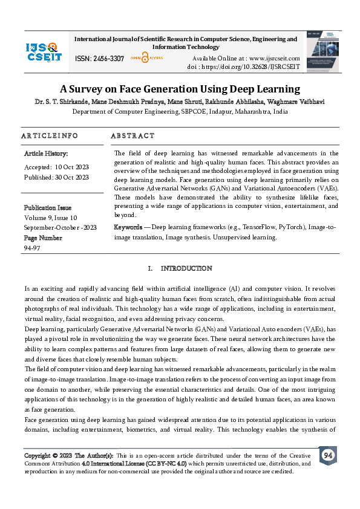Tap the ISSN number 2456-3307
(x=108, y=59)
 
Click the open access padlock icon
(x=145, y=58)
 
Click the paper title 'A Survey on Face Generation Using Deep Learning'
(x=180, y=89)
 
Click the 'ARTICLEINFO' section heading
(x=50, y=135)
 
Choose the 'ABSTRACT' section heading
(x=133, y=135)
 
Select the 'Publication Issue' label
(x=47, y=208)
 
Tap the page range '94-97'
(x=31, y=248)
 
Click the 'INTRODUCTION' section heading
(x=186, y=268)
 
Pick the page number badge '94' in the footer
(x=328, y=455)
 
